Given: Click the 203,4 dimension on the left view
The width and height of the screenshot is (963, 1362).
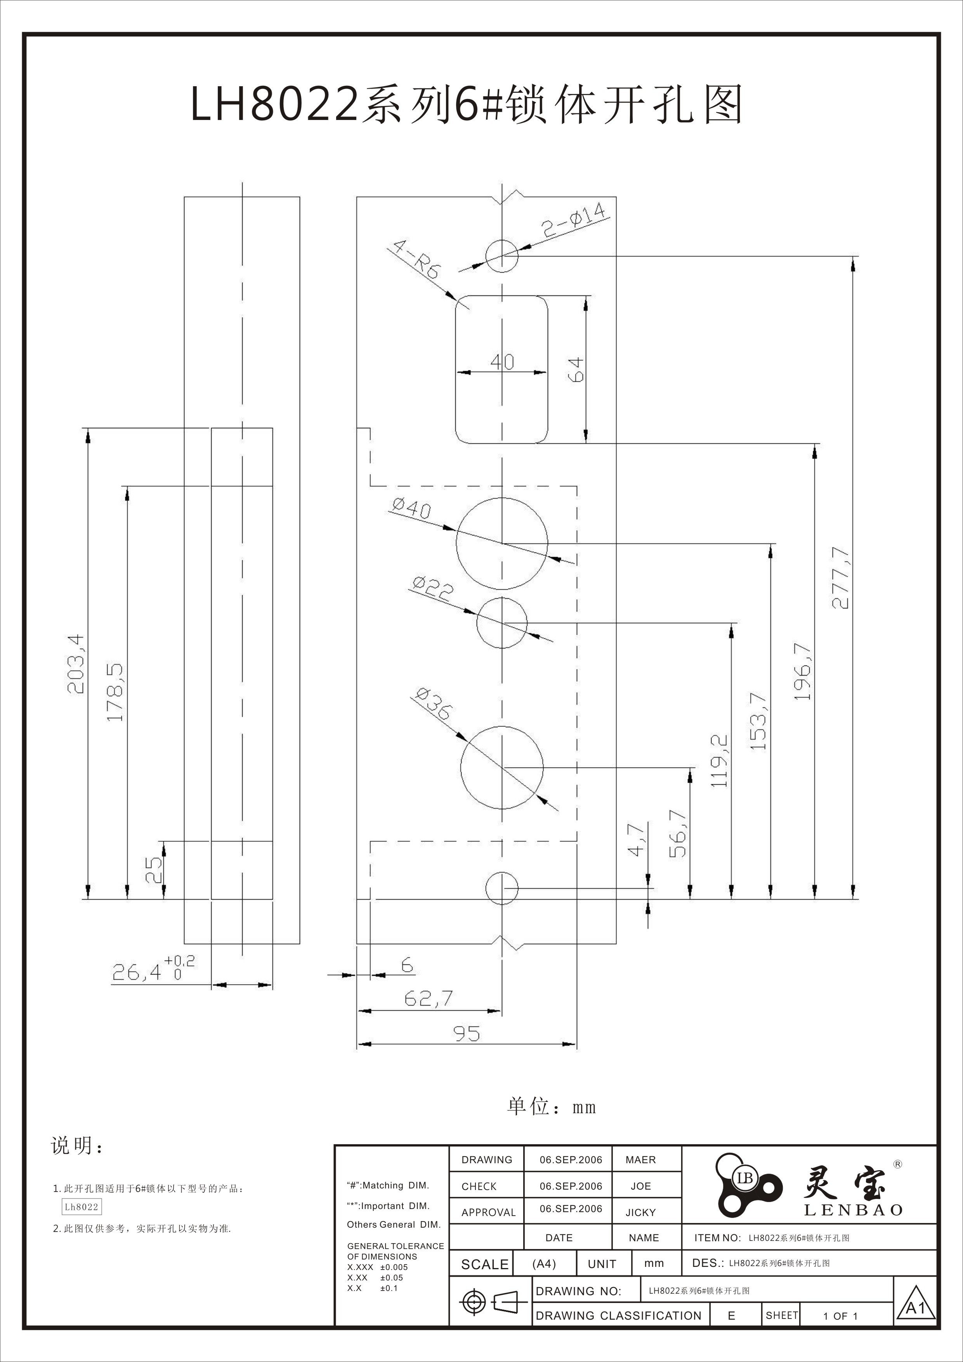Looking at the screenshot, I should [x=76, y=664].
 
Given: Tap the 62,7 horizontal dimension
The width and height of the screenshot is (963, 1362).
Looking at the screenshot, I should [x=428, y=999].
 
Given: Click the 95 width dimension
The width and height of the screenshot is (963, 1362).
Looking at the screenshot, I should [x=467, y=1034].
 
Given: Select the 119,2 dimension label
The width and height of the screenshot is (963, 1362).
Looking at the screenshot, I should [x=719, y=761].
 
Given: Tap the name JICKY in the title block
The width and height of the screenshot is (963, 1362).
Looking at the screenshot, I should [x=640, y=1213].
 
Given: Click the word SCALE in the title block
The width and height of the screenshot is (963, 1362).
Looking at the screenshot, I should [x=484, y=1265].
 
